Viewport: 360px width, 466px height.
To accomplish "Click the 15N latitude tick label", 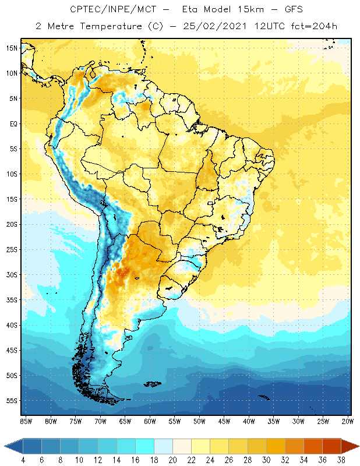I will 11,48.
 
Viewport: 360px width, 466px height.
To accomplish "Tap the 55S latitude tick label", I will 11,401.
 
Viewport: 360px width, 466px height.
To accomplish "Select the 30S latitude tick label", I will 11,275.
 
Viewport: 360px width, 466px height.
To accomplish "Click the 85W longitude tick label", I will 26,421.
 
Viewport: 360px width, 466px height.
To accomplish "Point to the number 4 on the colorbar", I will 23,460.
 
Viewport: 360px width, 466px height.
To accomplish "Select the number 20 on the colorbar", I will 172,460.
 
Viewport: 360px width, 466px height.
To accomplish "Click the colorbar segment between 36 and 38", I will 331,446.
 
